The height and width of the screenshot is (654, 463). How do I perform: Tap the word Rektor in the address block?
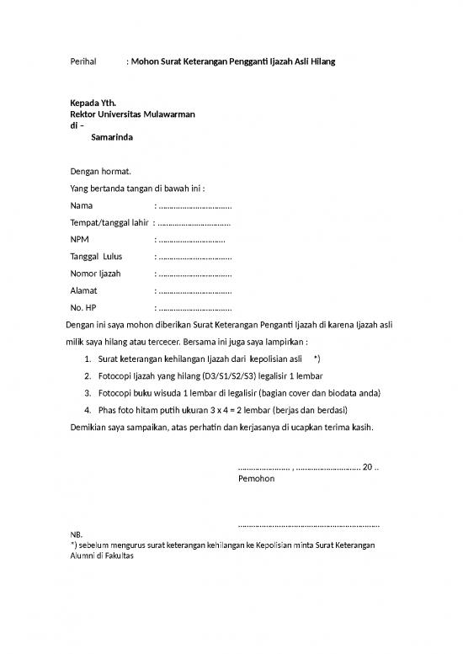pos(84,114)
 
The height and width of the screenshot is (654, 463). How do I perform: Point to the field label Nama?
pos(82,205)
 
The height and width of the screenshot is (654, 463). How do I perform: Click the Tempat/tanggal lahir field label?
pos(109,222)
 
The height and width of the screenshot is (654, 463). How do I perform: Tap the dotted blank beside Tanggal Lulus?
pos(195,257)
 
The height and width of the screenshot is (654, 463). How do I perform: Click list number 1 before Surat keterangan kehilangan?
pos(88,359)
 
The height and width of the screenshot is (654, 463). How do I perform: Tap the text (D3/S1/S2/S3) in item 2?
pos(239,376)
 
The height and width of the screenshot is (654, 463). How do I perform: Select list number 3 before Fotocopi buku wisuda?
pos(88,393)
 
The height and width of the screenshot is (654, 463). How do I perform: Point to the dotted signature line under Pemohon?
pos(309,524)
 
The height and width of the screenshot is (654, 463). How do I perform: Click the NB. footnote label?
pos(77,534)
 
